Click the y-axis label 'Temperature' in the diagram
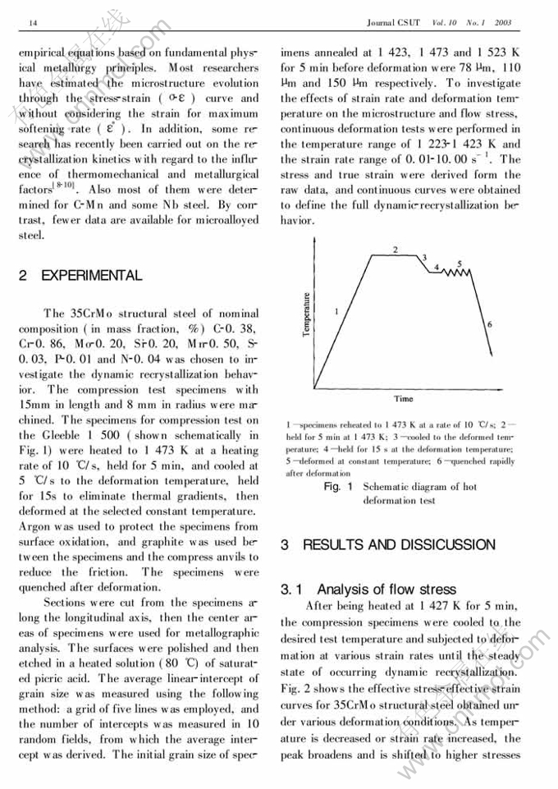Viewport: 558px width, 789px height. click(306, 314)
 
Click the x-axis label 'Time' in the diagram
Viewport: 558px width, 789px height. click(403, 398)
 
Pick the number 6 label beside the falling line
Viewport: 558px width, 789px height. click(489, 324)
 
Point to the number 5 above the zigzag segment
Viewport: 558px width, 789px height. click(459, 264)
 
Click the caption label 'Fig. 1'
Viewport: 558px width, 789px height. click(337, 487)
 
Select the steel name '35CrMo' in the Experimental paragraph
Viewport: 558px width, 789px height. click(86, 313)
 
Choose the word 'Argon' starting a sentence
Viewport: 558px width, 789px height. click(35, 525)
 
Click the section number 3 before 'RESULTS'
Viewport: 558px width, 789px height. click(285, 544)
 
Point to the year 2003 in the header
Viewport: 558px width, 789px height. click(503, 22)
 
